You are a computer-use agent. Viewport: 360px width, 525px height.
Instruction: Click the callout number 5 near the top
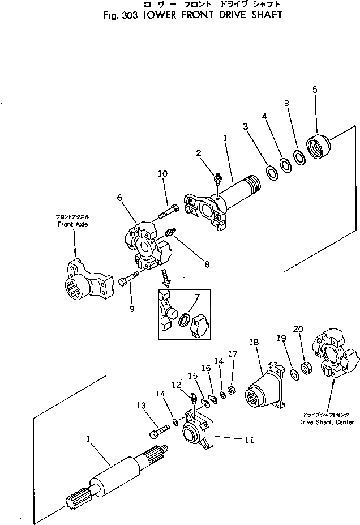click(315, 89)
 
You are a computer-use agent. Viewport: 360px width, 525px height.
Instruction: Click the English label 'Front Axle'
click(74, 224)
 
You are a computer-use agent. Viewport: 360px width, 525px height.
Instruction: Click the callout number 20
click(298, 329)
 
